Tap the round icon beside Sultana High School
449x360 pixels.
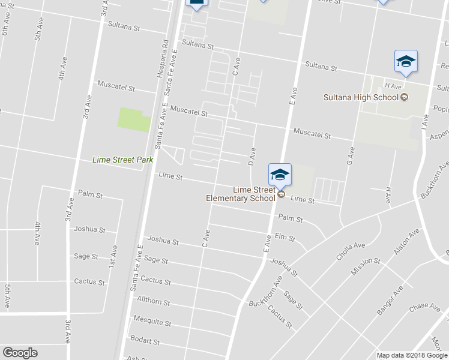[404, 97]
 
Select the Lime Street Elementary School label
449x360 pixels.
[240, 194]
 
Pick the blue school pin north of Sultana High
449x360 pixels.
[406, 61]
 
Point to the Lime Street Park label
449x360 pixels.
[122, 160]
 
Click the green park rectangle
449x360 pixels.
[134, 119]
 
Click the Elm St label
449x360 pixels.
[285, 238]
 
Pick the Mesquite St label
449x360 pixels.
[152, 322]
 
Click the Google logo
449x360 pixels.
[20, 353]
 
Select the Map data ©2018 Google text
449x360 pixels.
[411, 355]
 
